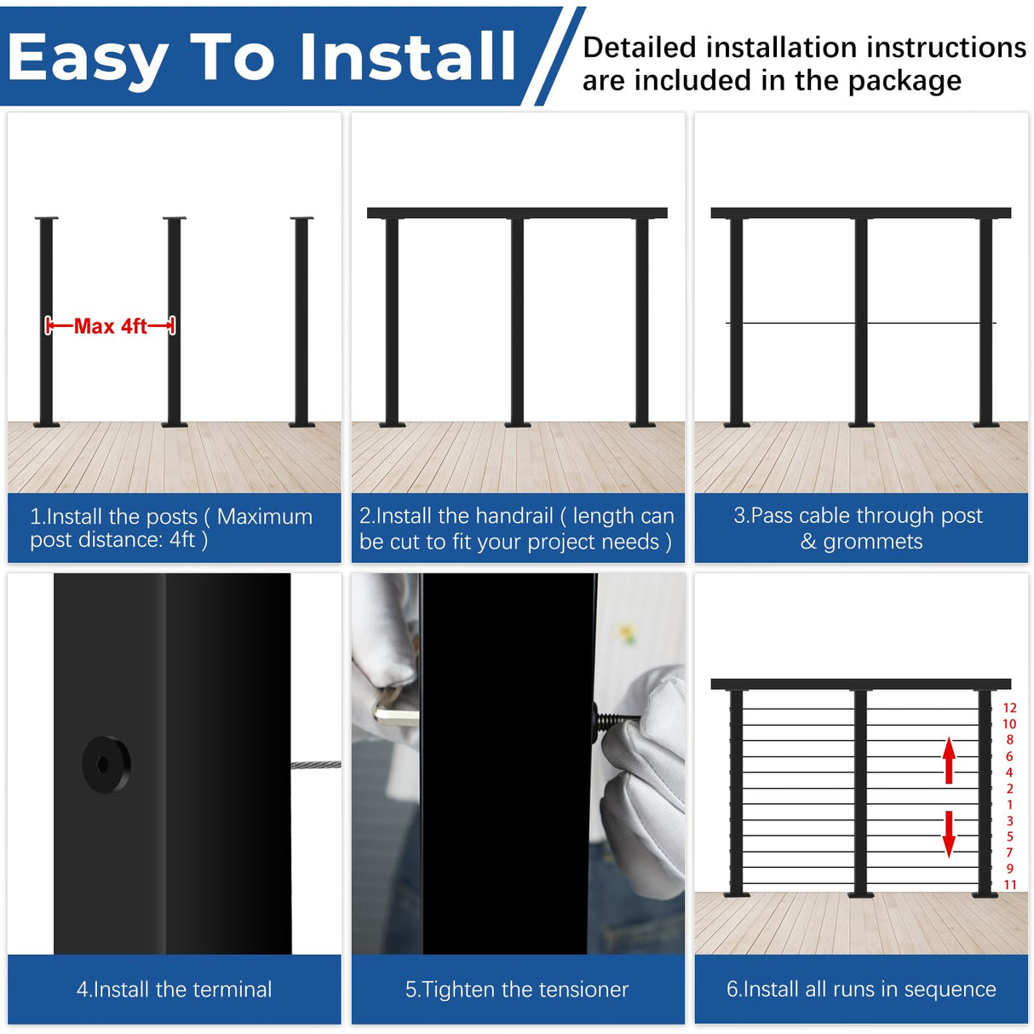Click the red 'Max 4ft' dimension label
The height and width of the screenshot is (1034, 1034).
tap(110, 325)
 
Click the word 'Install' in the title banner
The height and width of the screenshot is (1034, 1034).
tap(408, 56)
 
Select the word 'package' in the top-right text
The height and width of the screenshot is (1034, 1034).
tap(905, 82)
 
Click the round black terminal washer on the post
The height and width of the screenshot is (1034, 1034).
tap(106, 764)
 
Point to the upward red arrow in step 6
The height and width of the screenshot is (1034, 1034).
tap(949, 760)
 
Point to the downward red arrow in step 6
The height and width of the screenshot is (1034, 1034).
tap(949, 834)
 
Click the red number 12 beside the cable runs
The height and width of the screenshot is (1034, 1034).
tap(1009, 708)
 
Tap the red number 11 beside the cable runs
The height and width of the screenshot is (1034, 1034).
tap(1010, 884)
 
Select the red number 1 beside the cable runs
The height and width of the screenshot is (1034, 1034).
tap(1010, 804)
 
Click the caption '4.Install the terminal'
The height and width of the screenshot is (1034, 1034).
tap(174, 989)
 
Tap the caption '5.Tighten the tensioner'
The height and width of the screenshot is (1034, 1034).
tap(517, 989)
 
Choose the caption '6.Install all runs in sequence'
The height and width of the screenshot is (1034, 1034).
tap(861, 988)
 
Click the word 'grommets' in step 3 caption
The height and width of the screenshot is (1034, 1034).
tap(873, 542)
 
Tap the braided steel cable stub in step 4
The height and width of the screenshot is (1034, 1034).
tap(315, 765)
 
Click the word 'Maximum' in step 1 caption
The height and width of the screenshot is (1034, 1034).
tap(265, 517)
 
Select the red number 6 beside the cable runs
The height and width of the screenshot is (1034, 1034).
tap(1009, 756)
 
